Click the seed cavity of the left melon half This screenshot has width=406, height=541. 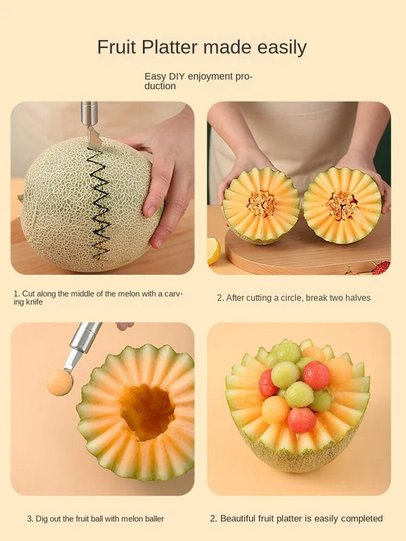click(x=262, y=204)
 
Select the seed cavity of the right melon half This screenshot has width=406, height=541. click(x=342, y=205)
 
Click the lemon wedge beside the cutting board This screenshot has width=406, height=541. click(x=213, y=251)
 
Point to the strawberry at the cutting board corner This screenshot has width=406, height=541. click(x=381, y=267)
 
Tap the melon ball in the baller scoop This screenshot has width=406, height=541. click(x=60, y=382)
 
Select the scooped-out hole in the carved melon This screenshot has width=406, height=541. click(x=148, y=412)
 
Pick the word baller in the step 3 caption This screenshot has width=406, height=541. click(x=155, y=519)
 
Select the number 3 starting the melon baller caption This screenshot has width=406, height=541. click(x=29, y=519)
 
